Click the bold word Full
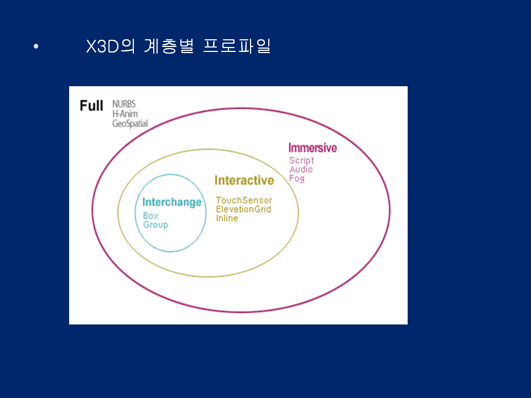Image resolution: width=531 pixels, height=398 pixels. tap(91, 106)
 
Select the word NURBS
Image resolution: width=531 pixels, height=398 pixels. tap(124, 104)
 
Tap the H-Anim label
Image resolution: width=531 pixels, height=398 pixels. tap(125, 114)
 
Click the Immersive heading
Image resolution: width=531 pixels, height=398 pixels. tap(313, 148)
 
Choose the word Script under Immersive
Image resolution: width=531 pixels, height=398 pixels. tap(301, 161)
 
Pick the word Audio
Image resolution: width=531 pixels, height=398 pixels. tap(301, 170)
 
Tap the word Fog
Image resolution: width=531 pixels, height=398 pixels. tap(296, 179)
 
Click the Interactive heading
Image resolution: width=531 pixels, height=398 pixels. tap(244, 180)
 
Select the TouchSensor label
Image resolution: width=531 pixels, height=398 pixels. tap(244, 200)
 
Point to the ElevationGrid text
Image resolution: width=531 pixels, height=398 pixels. tap(243, 209)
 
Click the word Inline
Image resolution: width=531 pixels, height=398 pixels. tap(227, 218)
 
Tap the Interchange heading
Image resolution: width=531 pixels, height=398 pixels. tap(171, 202)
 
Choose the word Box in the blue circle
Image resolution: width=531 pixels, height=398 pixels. tap(150, 216)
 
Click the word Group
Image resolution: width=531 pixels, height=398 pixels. tap(155, 225)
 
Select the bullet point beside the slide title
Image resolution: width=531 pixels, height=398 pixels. tap(36, 46)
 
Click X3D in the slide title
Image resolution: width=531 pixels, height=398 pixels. tap(103, 46)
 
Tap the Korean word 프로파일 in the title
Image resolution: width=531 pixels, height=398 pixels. tap(237, 46)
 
